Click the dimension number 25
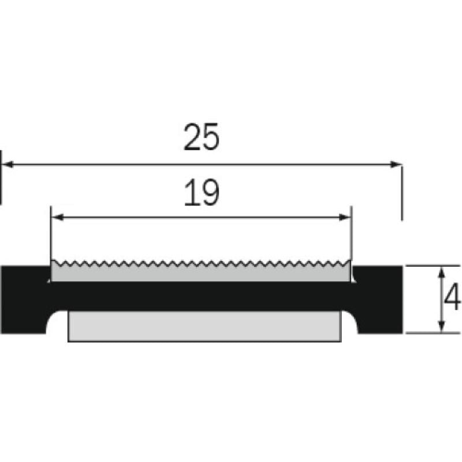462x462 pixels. pos(202,137)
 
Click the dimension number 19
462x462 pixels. pos(202,193)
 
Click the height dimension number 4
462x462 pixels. pos(452,297)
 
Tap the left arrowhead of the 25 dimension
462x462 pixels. pos(7,165)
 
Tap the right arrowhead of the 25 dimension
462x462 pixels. pos(396,165)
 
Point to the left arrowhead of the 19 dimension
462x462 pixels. pos(58,218)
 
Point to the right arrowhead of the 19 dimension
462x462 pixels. pos(345,218)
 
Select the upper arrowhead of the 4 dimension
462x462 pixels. pos(441,273)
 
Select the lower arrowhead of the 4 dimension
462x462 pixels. pos(441,326)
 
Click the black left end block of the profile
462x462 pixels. pos(24,299)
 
